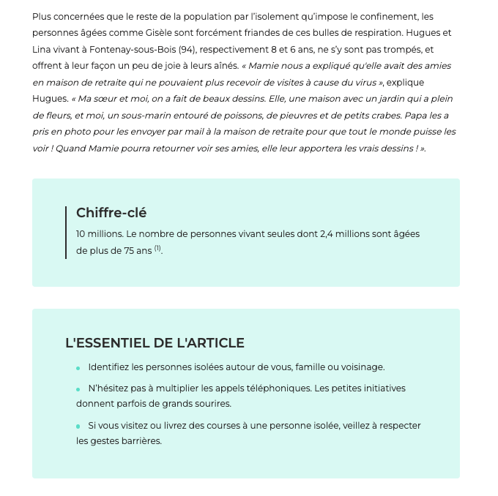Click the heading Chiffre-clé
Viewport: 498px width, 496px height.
(111, 213)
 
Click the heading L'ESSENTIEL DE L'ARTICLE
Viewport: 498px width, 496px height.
(155, 343)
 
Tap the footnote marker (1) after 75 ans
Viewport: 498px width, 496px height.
(157, 249)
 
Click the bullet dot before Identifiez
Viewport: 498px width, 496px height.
(78, 369)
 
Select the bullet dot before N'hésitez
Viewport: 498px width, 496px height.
(78, 390)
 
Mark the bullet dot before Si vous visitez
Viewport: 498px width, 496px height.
(78, 427)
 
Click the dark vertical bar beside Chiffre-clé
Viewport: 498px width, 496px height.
(66, 232)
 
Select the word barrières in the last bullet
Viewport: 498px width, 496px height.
(142, 441)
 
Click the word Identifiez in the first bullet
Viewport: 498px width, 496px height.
(111, 367)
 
